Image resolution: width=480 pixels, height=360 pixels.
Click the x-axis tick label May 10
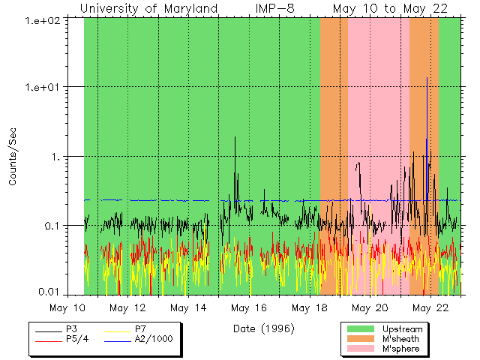pyautogui.click(x=68, y=307)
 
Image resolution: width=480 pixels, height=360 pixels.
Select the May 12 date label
pyautogui.click(x=128, y=307)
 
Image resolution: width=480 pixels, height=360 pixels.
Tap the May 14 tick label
pyautogui.click(x=188, y=307)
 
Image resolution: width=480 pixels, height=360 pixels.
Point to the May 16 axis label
pyautogui.click(x=249, y=307)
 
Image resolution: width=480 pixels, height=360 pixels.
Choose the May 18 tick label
pyautogui.click(x=309, y=307)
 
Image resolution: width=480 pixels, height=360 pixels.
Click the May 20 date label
pyautogui.click(x=370, y=307)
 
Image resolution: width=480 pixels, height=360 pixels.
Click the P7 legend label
pyautogui.click(x=140, y=329)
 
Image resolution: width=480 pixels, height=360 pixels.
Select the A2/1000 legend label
pyautogui.click(x=153, y=339)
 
